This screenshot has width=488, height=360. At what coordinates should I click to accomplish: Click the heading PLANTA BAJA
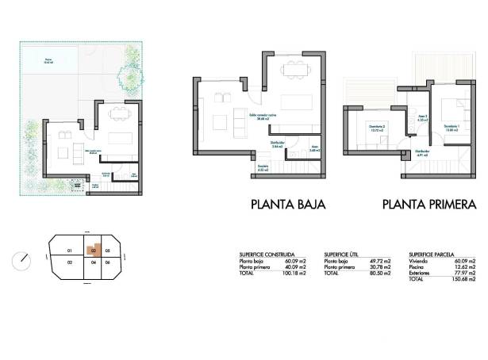tap(288, 204)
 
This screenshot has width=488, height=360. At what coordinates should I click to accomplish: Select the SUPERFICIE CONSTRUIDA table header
tap(267, 254)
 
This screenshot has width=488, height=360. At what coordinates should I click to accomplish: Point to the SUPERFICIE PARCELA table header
tap(433, 254)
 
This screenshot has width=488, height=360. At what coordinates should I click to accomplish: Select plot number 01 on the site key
tap(70, 248)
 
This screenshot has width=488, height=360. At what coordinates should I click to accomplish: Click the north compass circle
tap(23, 259)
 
